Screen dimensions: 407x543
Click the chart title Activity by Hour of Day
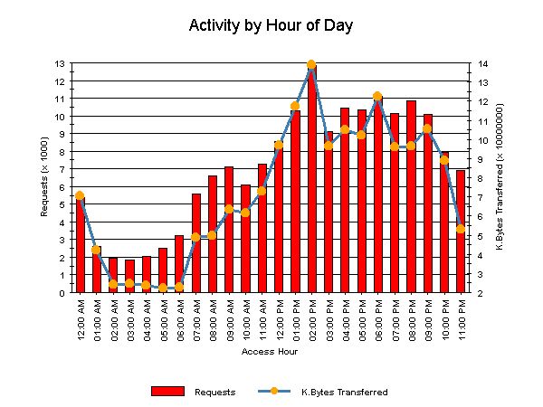[x=271, y=25]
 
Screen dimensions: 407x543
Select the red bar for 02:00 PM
[x=312, y=181]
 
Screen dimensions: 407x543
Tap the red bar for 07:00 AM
[x=195, y=244]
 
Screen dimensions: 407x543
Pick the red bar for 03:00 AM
[x=129, y=277]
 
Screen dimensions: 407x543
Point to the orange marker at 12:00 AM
[x=80, y=195]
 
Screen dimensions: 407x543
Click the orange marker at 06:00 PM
[x=377, y=96]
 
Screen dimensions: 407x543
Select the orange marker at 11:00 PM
[x=461, y=229]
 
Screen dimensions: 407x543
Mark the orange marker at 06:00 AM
[x=179, y=287]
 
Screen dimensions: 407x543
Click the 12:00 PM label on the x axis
[x=279, y=322]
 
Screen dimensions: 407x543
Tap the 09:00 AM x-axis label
[x=229, y=322]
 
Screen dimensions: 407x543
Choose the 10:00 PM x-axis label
[x=444, y=322]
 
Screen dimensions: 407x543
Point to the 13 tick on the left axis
[x=61, y=64]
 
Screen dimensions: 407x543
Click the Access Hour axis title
[x=270, y=351]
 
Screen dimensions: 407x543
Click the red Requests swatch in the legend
[x=167, y=391]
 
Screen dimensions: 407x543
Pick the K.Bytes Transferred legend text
[x=344, y=392]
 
